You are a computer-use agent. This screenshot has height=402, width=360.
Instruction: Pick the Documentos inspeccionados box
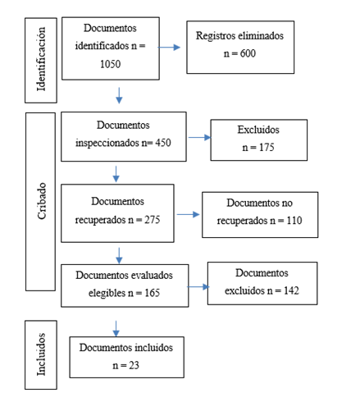124,135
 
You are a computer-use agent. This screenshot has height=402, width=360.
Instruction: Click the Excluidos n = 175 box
258,139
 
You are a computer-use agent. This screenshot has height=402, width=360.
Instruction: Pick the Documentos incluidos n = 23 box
126,356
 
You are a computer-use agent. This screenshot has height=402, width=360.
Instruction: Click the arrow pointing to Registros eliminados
170,48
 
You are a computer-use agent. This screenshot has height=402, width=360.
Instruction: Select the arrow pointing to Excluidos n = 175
198,137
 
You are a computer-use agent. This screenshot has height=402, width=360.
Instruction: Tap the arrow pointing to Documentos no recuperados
188,215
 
